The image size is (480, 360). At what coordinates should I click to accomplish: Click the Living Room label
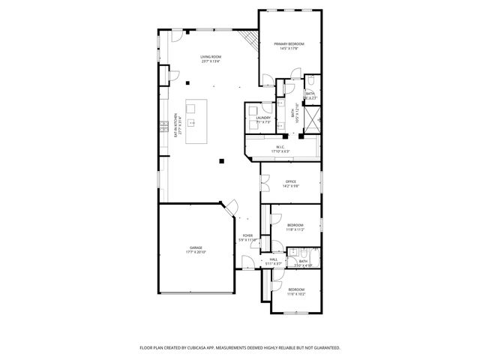click(x=210, y=57)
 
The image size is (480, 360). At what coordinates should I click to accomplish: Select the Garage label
click(x=195, y=247)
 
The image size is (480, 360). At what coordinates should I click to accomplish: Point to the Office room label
click(x=291, y=181)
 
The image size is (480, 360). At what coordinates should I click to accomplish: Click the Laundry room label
click(x=262, y=118)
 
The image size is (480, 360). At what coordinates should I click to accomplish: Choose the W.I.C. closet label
click(x=280, y=147)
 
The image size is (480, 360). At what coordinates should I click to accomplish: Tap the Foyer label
click(x=247, y=235)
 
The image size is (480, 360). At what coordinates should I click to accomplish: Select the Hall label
click(x=274, y=259)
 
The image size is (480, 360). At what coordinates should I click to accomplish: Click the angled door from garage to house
click(x=233, y=205)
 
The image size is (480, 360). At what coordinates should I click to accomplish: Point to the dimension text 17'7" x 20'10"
click(x=195, y=252)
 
